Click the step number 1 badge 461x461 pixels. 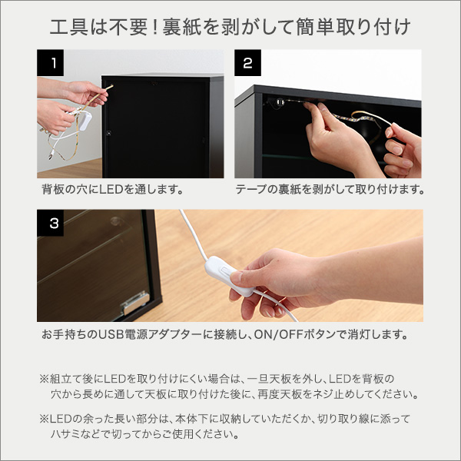click(x=50, y=63)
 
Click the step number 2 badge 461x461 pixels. click(x=247, y=63)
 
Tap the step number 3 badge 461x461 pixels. click(x=50, y=223)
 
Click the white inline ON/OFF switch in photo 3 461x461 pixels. click(x=230, y=276)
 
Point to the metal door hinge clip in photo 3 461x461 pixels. click(x=135, y=302)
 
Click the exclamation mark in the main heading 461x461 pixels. click(x=155, y=27)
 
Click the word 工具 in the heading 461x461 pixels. click(x=69, y=27)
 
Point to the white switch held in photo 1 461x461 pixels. click(x=85, y=120)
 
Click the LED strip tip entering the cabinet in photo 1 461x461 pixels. click(x=111, y=86)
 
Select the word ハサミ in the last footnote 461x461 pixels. click(x=65, y=434)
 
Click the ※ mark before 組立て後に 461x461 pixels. click(x=44, y=379)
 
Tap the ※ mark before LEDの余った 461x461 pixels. click(x=44, y=419)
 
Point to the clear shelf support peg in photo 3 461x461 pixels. click(x=115, y=221)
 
